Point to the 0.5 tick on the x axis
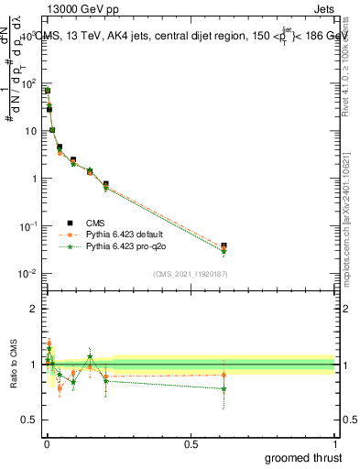(x=191, y=443)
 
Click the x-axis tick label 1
(x=335, y=443)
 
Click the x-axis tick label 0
(x=46, y=443)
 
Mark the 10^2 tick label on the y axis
(x=27, y=83)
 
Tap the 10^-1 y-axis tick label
(x=27, y=226)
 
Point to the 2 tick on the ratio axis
(x=32, y=309)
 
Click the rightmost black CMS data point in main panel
(x=224, y=245)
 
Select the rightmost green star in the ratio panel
(x=224, y=388)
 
